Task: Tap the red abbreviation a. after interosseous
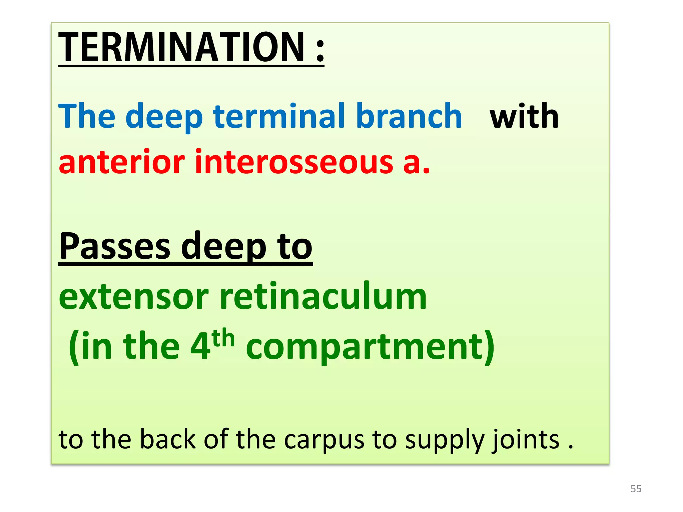tap(417, 163)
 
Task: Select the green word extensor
tap(134, 297)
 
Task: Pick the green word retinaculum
tap(323, 297)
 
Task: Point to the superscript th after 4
tap(223, 338)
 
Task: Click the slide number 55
tap(636, 489)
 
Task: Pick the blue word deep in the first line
tap(164, 117)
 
